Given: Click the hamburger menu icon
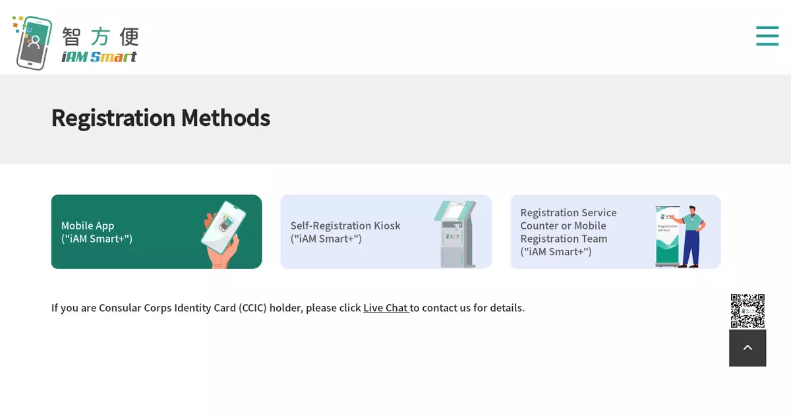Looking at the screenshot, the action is coord(767,36).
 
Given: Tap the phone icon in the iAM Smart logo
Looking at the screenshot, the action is coord(34,43).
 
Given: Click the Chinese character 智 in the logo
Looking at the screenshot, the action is coord(71,37).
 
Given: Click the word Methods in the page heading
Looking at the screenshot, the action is coord(225,117).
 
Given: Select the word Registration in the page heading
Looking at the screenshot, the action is coord(113,119).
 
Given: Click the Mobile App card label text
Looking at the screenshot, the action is coord(97,232).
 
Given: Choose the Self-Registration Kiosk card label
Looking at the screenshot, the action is coord(345,232).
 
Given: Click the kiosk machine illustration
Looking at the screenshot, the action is coord(455,234).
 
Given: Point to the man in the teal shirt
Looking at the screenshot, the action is coord(691,236).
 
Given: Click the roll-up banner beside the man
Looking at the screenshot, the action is coord(667,236).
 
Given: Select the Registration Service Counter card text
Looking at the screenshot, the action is coord(568,232).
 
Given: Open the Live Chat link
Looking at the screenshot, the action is coord(386,308).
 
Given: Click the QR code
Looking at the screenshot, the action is coord(747,311).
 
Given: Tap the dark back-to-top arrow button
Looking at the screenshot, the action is coord(747,348).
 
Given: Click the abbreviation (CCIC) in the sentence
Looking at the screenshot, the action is coord(252,308).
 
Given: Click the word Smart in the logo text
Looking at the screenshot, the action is coord(113,57).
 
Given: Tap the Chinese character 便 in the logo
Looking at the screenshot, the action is coord(129,37).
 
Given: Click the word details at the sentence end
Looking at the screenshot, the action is coord(507,308).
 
